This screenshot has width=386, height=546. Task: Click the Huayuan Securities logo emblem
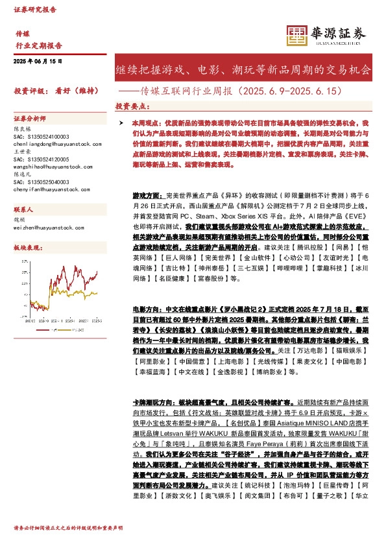click(296, 35)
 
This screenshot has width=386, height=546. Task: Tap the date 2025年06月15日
click(38, 60)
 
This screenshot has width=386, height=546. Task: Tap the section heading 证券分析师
click(30, 119)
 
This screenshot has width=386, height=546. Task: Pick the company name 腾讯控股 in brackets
click(298, 248)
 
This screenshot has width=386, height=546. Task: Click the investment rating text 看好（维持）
click(70, 91)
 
